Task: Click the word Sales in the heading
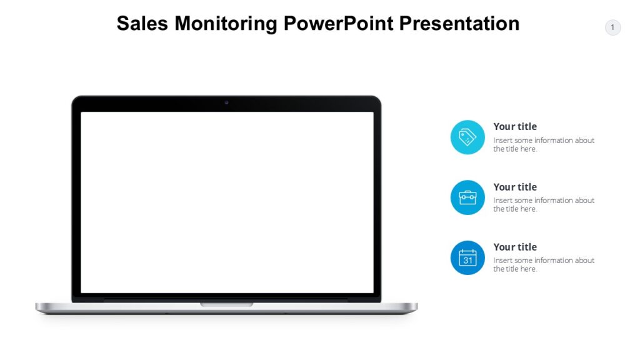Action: point(142,24)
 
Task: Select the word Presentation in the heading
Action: point(459,24)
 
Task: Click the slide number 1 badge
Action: point(612,27)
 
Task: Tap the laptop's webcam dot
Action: point(226,102)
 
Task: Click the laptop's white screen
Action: point(227,202)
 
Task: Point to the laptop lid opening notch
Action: point(227,304)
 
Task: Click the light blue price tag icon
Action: point(467,137)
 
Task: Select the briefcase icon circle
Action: point(467,197)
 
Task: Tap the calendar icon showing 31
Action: point(467,257)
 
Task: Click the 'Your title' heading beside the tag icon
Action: point(515,127)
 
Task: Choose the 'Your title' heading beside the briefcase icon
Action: point(515,187)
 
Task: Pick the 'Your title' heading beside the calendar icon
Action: point(515,247)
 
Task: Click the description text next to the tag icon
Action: point(543,144)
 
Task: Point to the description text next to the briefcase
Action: point(543,204)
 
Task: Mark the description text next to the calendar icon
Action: point(543,264)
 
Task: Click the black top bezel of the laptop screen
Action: point(156,104)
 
